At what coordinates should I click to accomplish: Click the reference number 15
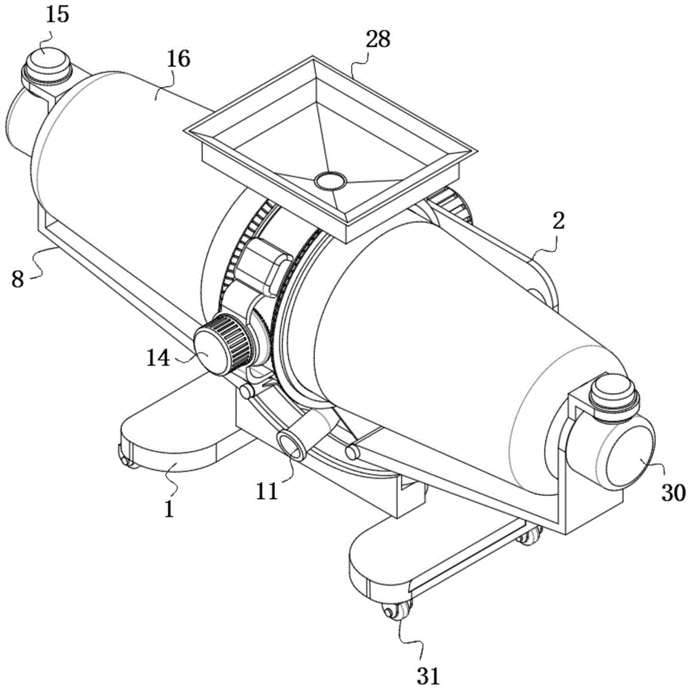(x=58, y=15)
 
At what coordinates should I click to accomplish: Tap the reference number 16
(x=178, y=59)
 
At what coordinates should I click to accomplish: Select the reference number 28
(x=378, y=39)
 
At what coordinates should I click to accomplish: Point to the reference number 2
(x=558, y=221)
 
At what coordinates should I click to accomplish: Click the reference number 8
(x=18, y=279)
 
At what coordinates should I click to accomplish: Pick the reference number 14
(x=158, y=358)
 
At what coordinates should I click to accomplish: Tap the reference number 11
(x=267, y=491)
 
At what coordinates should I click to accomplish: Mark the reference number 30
(x=673, y=492)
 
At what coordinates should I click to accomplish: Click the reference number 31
(x=428, y=675)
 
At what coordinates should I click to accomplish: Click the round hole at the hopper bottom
(x=330, y=180)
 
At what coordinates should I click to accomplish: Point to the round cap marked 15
(x=46, y=66)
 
